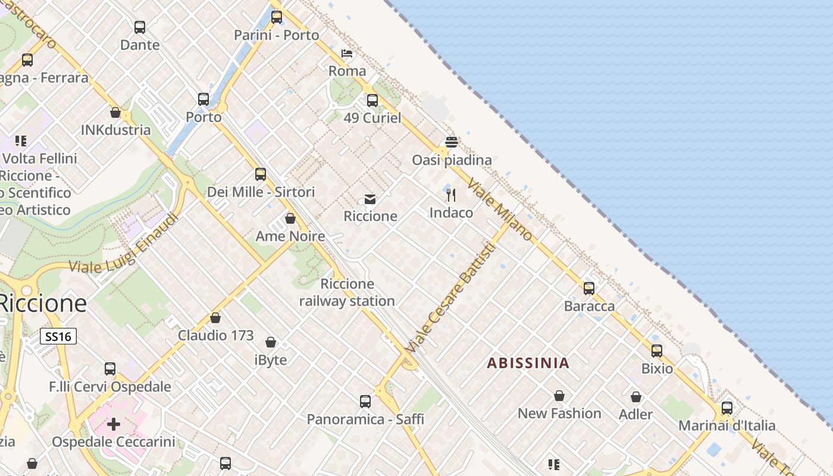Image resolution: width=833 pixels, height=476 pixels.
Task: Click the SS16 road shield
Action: coord(58,337)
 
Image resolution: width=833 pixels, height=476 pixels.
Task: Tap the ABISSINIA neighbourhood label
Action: coord(528,363)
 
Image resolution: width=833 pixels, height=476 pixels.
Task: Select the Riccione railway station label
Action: coord(347,293)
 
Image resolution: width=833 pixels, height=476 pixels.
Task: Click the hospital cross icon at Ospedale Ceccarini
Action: coord(113,424)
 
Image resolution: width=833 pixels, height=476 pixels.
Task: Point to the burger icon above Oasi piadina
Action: coord(452,142)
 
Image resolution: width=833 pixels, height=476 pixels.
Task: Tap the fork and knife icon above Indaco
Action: coord(451,195)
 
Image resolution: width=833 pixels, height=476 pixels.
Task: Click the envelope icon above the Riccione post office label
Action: coord(370,199)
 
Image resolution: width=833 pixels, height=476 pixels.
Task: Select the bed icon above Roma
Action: coord(347,54)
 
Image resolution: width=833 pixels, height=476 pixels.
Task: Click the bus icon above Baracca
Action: coord(589,289)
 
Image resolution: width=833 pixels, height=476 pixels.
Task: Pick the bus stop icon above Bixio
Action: coord(657,351)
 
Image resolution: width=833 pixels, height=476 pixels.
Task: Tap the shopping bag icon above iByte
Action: coord(271,342)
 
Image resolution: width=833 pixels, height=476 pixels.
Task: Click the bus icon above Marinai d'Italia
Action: coord(727,408)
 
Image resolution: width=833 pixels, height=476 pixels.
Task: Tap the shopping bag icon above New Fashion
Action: coord(559,396)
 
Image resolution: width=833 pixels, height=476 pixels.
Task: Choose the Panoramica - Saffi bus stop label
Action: coord(365,419)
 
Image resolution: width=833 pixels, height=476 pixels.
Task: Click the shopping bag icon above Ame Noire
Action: coord(290,218)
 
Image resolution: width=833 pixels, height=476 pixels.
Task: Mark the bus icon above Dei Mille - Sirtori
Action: coord(261,174)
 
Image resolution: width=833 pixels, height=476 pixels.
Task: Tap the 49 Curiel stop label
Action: coord(372,118)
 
